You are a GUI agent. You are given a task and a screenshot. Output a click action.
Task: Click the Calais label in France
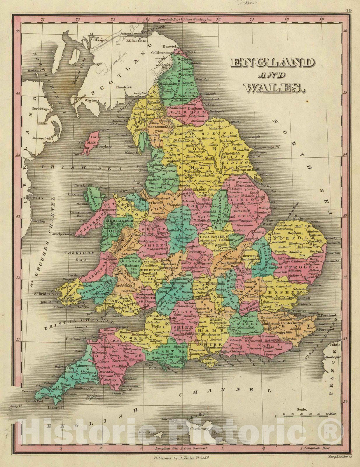coord(335,344)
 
